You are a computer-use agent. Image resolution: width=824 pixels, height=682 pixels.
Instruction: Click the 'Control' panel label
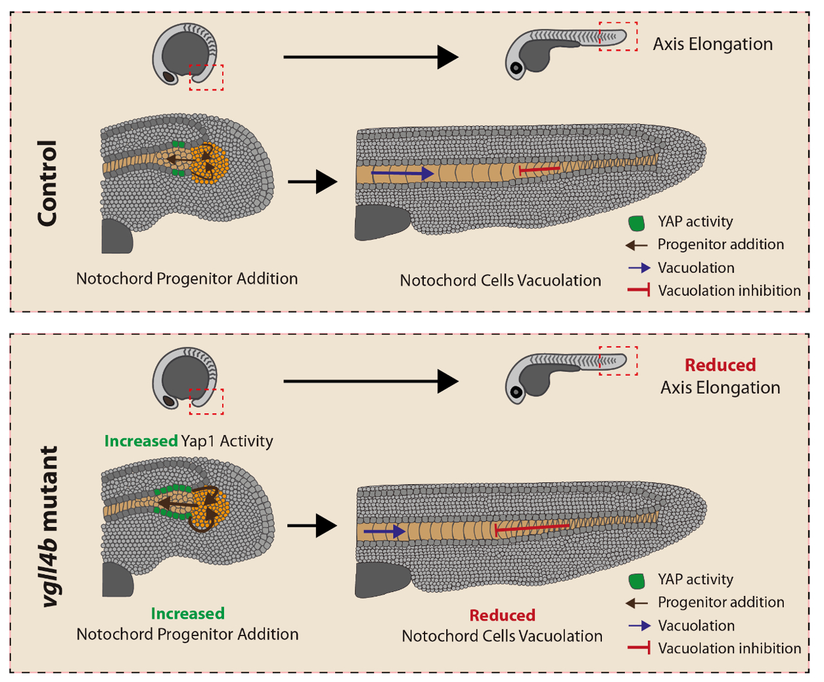click(x=47, y=183)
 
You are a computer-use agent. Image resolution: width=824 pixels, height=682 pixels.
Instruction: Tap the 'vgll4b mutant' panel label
click(x=50, y=526)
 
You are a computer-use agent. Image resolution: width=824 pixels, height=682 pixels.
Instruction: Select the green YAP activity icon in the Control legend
click(x=636, y=223)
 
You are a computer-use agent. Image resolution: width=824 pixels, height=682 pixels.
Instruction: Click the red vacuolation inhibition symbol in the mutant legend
click(x=639, y=648)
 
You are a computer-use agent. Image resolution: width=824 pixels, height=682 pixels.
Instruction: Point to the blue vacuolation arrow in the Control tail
click(x=402, y=173)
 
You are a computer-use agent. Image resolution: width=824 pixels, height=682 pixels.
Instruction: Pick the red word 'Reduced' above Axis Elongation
click(x=720, y=365)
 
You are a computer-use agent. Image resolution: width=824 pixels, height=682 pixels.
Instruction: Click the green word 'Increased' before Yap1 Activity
click(x=141, y=442)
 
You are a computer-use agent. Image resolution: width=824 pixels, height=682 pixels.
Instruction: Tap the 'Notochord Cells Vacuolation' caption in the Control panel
click(x=500, y=281)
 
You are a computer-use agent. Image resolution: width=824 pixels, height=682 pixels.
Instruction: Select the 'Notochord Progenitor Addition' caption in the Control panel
click(x=187, y=279)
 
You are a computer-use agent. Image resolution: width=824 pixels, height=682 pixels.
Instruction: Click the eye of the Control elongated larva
click(x=516, y=68)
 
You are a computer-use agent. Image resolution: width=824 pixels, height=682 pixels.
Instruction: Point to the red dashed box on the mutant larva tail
click(x=618, y=361)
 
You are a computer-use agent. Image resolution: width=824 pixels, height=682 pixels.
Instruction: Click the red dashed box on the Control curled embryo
click(x=206, y=77)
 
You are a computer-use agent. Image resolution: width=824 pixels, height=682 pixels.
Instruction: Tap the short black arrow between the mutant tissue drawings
click(x=312, y=526)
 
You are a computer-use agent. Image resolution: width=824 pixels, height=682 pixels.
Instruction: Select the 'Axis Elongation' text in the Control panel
click(x=712, y=44)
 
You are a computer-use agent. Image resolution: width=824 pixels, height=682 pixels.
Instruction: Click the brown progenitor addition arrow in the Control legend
click(x=637, y=245)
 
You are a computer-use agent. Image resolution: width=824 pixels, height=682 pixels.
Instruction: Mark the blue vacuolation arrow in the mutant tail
click(x=384, y=531)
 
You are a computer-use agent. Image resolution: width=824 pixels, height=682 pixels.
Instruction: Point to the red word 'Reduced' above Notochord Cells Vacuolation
click(x=502, y=616)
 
